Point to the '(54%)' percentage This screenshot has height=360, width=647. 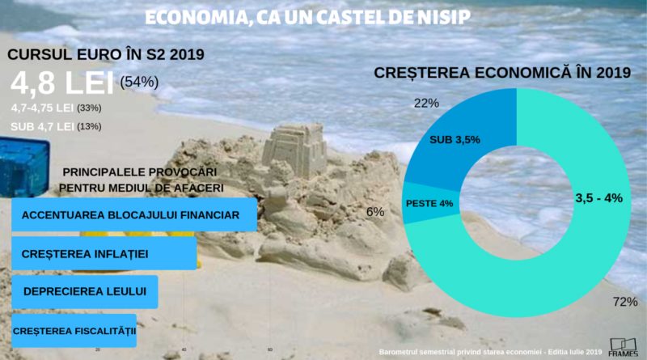click(x=139, y=82)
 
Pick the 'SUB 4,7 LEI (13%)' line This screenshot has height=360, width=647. click(x=56, y=126)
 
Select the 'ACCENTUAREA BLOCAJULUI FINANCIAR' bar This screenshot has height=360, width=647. click(x=134, y=215)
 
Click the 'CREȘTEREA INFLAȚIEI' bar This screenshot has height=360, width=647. click(x=104, y=253)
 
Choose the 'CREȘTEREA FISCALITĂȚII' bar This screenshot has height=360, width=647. click(x=74, y=330)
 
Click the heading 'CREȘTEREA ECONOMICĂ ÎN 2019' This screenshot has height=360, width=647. click(x=502, y=73)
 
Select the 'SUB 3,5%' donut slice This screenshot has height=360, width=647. click(x=455, y=139)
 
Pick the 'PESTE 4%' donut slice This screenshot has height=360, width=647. click(x=429, y=203)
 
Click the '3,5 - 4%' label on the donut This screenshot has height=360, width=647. click(x=598, y=198)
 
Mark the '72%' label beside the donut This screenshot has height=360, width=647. click(x=625, y=302)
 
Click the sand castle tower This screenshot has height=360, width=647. click(x=296, y=150)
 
